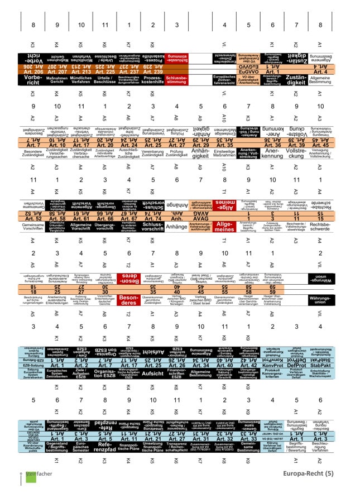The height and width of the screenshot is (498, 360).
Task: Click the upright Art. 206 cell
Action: pyautogui.click(x=33, y=71)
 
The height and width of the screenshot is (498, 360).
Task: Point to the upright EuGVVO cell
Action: pyautogui.click(x=224, y=71)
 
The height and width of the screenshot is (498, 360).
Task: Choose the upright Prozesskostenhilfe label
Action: pyautogui.click(x=153, y=80)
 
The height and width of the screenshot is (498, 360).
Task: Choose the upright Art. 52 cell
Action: pyautogui.click(x=33, y=218)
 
